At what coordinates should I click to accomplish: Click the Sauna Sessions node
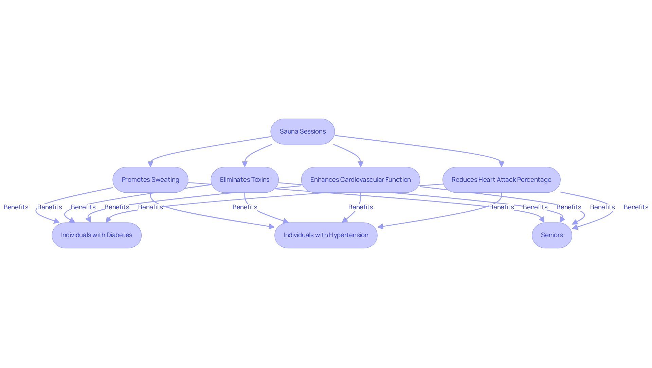coord(303,132)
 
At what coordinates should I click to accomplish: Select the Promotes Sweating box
coord(150,180)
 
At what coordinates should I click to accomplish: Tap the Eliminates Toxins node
coord(244,180)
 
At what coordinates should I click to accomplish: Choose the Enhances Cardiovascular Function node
coord(361,180)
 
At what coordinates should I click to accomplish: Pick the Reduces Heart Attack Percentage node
coord(501,180)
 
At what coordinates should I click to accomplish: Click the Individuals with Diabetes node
coord(97,235)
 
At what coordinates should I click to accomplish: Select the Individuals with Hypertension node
coord(326,235)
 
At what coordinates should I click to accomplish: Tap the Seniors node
coord(552,235)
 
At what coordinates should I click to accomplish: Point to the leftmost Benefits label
coord(16,207)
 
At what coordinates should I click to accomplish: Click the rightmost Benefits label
coord(636,207)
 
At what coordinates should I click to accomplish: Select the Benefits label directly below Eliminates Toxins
coord(245,207)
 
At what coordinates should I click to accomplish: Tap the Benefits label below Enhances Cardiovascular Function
coord(361,207)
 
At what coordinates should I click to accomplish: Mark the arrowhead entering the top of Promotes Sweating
coord(150,164)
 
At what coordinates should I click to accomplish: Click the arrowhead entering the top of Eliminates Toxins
coord(244,164)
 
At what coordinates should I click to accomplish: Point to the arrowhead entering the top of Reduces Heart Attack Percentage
coord(502,164)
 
